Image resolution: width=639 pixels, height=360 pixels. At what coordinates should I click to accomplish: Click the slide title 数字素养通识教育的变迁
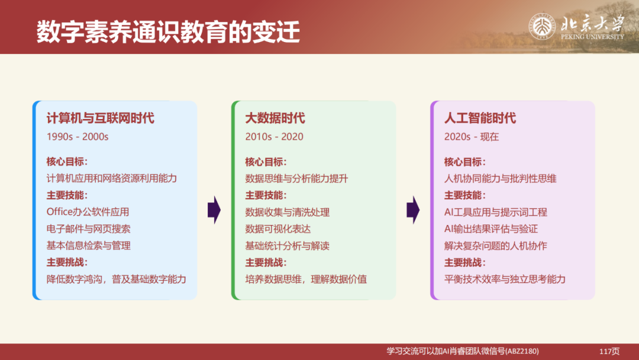click(168, 32)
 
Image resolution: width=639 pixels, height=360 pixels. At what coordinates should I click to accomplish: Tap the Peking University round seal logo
click(541, 27)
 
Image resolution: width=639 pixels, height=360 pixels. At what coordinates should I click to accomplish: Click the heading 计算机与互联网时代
click(100, 118)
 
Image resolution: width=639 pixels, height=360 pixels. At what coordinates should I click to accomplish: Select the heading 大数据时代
click(275, 118)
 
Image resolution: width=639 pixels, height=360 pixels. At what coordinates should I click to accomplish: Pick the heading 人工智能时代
click(480, 118)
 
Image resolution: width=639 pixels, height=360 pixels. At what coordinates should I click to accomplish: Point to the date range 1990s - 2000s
click(78, 137)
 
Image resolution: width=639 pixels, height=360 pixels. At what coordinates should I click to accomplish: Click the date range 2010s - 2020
click(274, 137)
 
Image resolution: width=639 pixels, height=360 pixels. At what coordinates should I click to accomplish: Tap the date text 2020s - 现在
click(472, 137)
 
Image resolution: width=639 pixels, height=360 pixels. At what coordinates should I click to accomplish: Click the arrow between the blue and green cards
click(214, 210)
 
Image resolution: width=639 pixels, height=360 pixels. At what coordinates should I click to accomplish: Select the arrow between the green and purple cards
click(412, 210)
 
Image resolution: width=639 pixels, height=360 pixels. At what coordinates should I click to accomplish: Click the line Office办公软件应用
click(88, 212)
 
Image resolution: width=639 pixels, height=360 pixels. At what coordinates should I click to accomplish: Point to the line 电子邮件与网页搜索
click(88, 229)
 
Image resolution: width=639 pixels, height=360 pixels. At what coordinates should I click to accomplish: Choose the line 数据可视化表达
click(278, 229)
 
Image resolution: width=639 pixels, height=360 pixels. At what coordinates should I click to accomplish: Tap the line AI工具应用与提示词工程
click(495, 212)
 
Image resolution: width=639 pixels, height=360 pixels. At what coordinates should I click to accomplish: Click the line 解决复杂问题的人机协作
click(495, 246)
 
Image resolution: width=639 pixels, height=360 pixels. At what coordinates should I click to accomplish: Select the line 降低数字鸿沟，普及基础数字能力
click(116, 279)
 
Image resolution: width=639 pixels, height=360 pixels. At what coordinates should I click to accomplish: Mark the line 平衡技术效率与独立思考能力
click(505, 279)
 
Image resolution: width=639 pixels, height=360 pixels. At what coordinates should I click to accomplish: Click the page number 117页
click(609, 351)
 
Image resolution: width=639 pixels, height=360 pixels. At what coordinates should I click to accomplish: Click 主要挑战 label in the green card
click(266, 262)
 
